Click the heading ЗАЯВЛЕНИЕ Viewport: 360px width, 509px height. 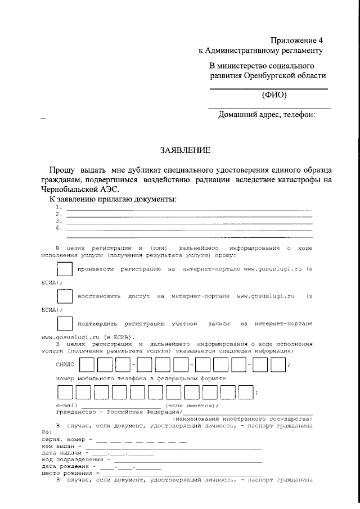[x=185, y=150]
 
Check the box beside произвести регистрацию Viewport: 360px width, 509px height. [x=65, y=269]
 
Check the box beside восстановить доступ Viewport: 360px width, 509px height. [x=65, y=296]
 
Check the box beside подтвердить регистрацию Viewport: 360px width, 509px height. [x=65, y=324]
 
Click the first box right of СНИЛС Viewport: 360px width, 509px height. [x=87, y=365]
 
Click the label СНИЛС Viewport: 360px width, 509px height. [x=65, y=365]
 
